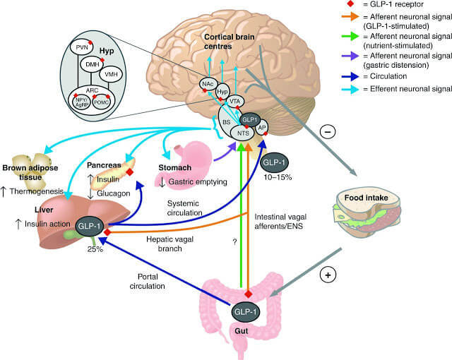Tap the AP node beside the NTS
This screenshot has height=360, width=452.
click(262, 128)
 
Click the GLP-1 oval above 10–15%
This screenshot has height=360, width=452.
click(273, 164)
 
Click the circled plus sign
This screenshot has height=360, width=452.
click(327, 275)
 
